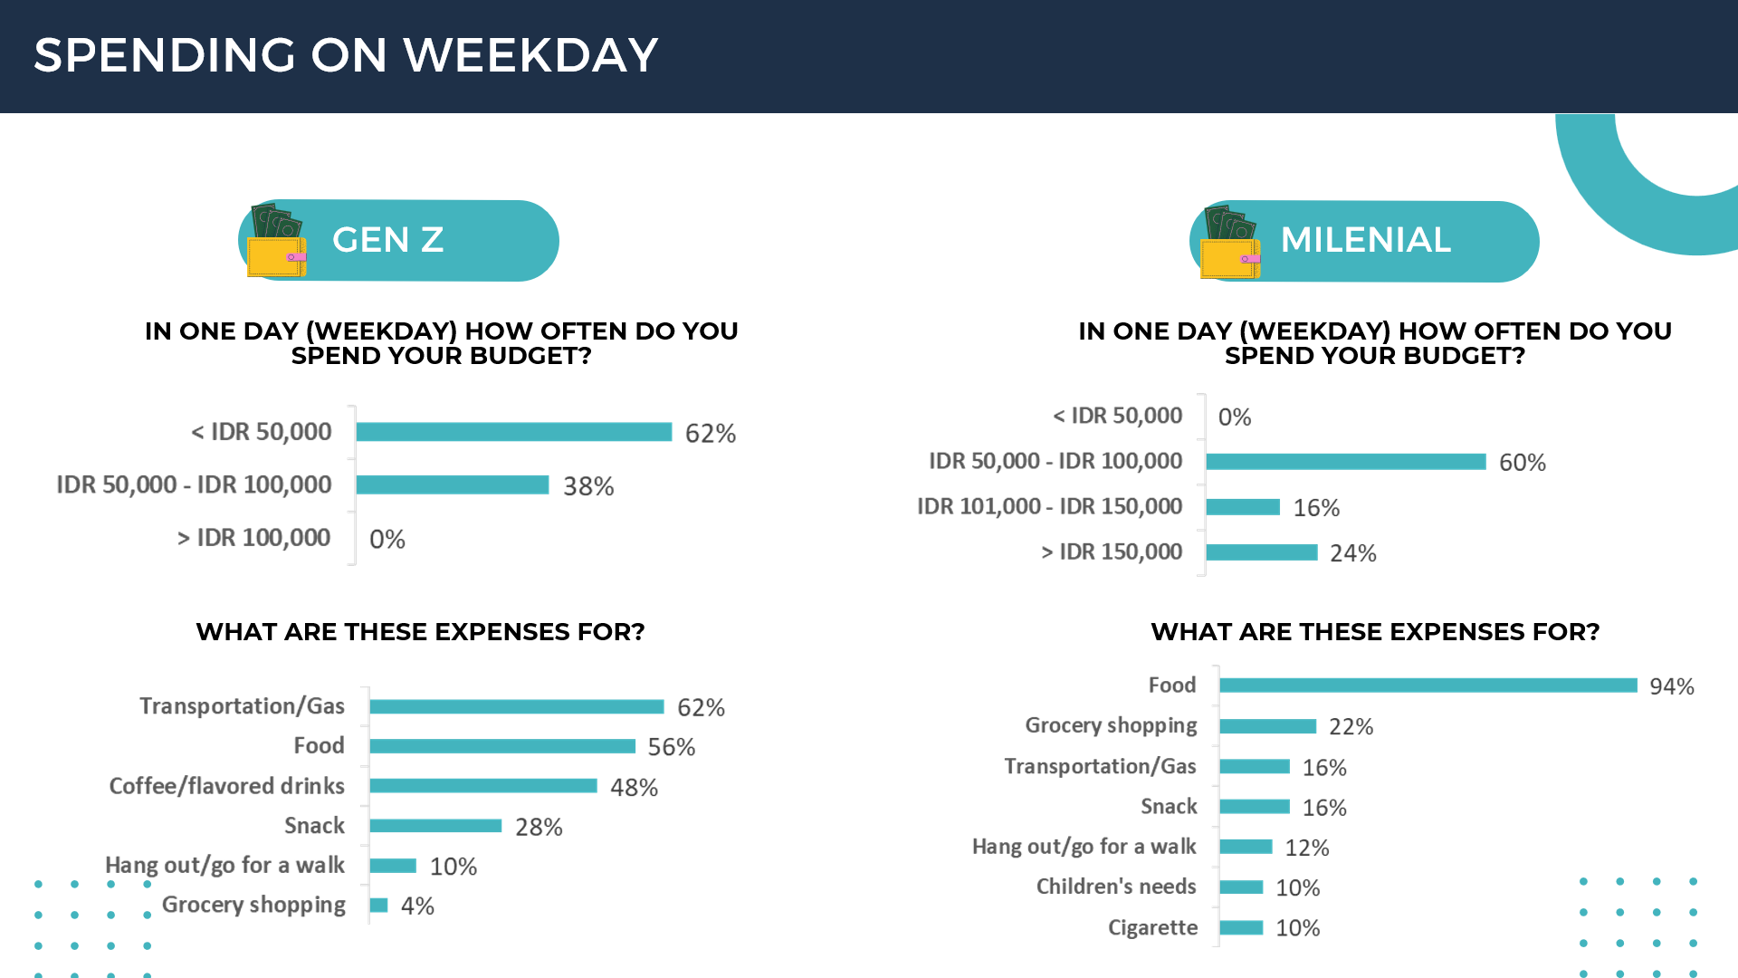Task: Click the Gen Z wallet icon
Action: tap(276, 242)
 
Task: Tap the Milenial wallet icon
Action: tap(1229, 243)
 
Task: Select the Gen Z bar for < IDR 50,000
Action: tap(513, 432)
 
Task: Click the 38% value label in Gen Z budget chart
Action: tap(588, 486)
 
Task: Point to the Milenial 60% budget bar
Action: tap(1345, 462)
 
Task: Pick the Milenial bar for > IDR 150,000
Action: tap(1261, 552)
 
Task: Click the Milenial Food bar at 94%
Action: tap(1428, 686)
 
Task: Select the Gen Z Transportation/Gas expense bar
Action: tap(516, 706)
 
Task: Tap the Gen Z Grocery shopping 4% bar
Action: tap(378, 906)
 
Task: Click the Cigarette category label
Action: tap(1152, 927)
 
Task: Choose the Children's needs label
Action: tap(1115, 887)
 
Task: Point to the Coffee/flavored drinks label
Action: tap(226, 786)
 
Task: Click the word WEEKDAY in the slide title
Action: tap(530, 55)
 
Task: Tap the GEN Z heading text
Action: tap(387, 240)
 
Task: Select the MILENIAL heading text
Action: tap(1365, 240)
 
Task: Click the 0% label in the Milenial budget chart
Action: tap(1234, 417)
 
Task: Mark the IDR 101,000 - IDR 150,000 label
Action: tap(1049, 506)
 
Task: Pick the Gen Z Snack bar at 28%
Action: tap(435, 826)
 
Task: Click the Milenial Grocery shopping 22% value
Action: tap(1351, 727)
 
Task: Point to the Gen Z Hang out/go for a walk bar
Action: tap(393, 866)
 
